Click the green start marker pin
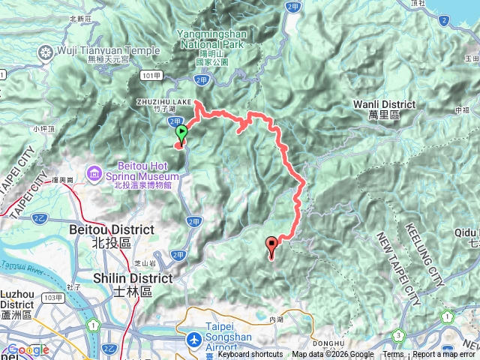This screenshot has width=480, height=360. [181, 134]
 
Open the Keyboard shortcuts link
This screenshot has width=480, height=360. [250, 355]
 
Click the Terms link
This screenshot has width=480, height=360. [393, 355]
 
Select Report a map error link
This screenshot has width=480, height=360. [443, 355]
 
